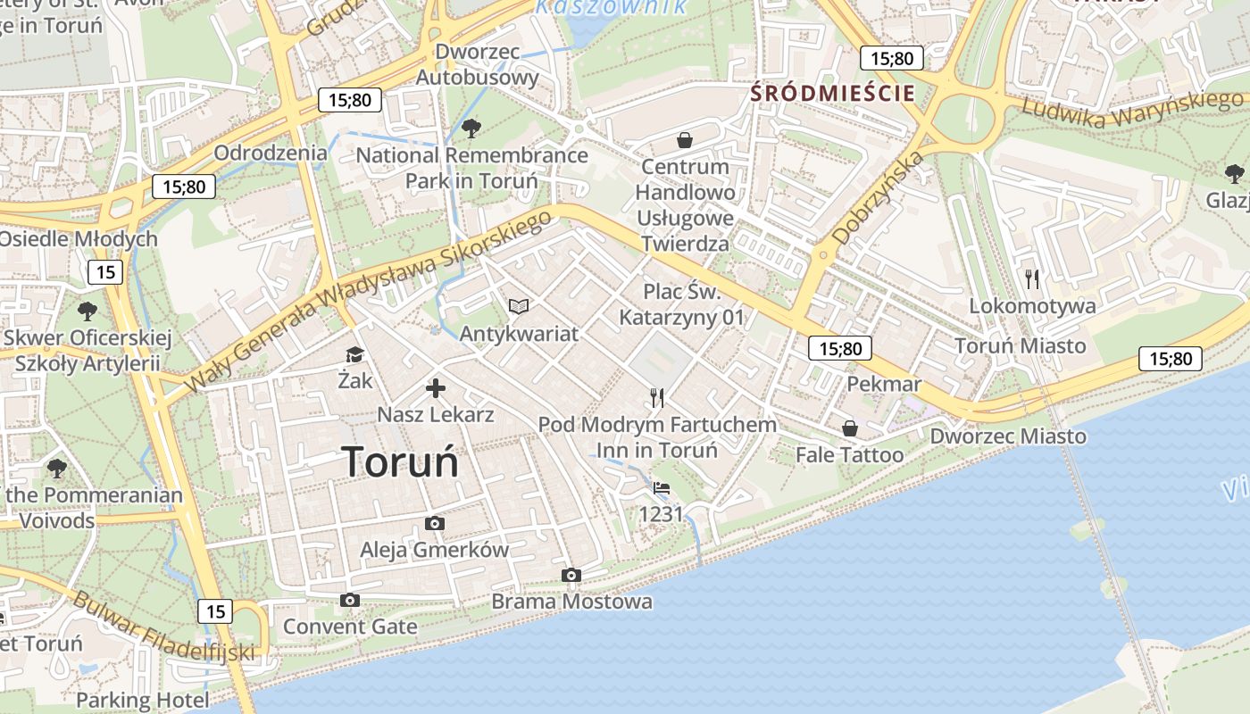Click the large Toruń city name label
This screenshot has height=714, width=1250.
tap(400, 461)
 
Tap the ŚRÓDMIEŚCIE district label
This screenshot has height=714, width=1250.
tap(832, 93)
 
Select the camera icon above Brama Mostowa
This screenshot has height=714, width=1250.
tap(571, 576)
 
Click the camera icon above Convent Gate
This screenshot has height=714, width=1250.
tap(350, 601)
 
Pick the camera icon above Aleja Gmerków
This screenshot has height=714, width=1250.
tap(435, 524)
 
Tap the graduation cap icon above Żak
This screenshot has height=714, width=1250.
tap(354, 355)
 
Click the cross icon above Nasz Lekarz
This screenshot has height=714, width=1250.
tap(436, 388)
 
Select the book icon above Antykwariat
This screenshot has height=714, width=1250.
tap(519, 307)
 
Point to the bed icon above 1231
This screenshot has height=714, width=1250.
tap(661, 488)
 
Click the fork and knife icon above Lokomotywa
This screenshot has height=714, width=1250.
tap(1032, 279)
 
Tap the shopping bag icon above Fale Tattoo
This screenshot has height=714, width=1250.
tap(849, 429)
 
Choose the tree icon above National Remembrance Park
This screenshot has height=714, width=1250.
tap(471, 129)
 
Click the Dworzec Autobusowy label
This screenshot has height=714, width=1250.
tap(478, 64)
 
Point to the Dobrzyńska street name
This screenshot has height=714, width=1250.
tap(877, 198)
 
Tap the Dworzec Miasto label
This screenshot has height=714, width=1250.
tap(1008, 436)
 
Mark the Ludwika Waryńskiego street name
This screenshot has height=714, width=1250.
tap(1130, 106)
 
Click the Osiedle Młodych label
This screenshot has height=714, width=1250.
tap(79, 239)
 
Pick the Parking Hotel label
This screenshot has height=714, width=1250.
tap(142, 699)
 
